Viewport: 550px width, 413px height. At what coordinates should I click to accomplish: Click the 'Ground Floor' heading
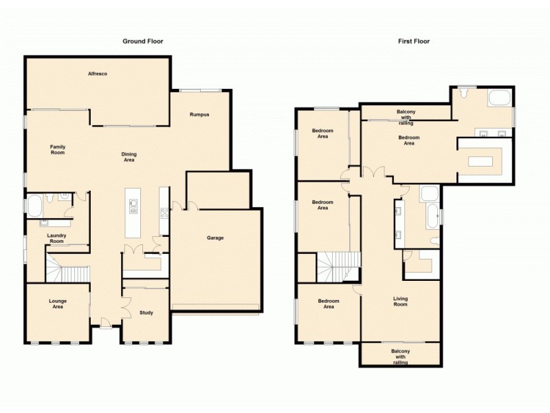click(x=143, y=41)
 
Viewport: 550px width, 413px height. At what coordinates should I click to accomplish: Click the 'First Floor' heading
click(x=414, y=41)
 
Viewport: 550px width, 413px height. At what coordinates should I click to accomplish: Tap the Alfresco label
click(x=97, y=73)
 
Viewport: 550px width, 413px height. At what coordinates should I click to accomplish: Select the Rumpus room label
click(x=199, y=114)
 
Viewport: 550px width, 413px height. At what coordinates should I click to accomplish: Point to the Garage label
click(x=216, y=238)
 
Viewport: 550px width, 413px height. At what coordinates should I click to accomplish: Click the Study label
click(x=145, y=313)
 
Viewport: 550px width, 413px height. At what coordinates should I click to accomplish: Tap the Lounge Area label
click(x=58, y=304)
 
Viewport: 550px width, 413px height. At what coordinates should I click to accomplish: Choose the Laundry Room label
click(x=56, y=238)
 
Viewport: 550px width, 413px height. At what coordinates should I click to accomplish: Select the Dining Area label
click(x=129, y=157)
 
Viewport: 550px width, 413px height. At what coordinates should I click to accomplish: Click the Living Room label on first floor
click(x=400, y=301)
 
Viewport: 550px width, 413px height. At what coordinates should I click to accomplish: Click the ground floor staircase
click(x=69, y=266)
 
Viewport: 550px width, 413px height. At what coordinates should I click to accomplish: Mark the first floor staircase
click(x=338, y=266)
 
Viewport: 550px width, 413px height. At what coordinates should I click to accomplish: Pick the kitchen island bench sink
click(x=133, y=204)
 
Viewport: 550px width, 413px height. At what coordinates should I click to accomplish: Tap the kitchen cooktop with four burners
click(x=164, y=213)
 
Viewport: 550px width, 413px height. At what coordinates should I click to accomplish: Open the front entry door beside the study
click(x=104, y=322)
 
